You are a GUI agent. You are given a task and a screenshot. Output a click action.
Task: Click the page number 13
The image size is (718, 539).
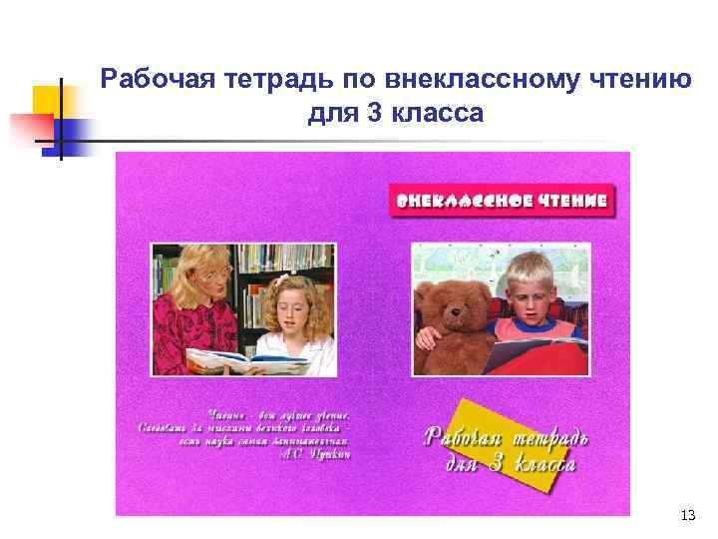686,515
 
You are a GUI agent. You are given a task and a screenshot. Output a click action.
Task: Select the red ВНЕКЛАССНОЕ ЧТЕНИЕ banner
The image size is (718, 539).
502,200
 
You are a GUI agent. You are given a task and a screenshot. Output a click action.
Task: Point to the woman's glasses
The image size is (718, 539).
214,269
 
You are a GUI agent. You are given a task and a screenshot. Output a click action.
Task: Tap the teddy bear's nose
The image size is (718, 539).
457,318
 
